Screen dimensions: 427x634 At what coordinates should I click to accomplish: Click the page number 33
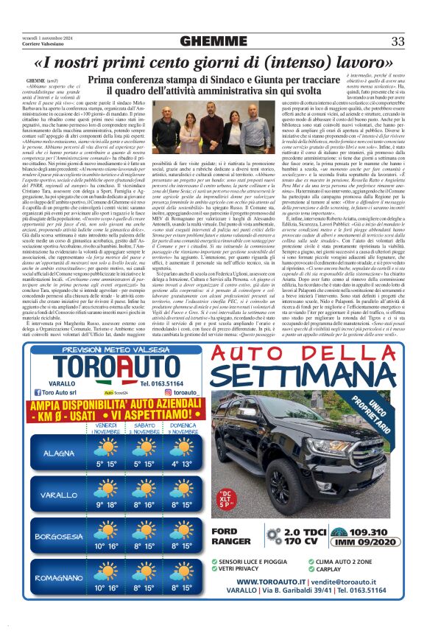(398, 40)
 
